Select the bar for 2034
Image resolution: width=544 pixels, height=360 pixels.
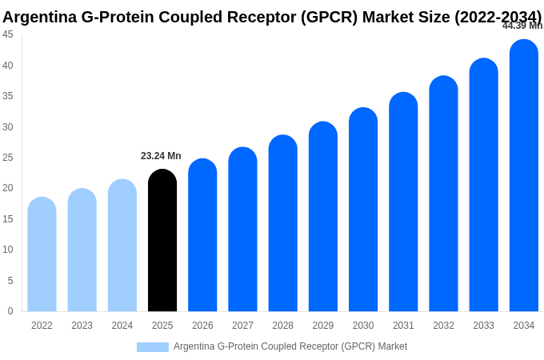click(524, 176)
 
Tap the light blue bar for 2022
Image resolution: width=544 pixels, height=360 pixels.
click(42, 254)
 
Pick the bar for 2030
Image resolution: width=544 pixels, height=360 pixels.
click(363, 210)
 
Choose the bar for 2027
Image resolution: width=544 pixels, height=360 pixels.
click(242, 230)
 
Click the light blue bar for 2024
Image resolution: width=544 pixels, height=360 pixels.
click(122, 246)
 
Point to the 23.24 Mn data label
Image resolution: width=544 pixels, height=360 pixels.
click(161, 156)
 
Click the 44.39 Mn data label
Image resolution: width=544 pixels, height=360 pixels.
click(522, 26)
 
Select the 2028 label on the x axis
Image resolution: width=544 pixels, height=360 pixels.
click(282, 326)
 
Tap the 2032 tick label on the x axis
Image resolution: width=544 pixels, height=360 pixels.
click(443, 326)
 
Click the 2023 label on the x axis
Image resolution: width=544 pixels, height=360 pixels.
click(82, 326)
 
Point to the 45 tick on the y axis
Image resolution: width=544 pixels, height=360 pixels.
click(7, 34)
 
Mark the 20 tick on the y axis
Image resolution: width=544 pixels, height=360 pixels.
click(7, 188)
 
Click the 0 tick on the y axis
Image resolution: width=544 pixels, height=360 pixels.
click(10, 311)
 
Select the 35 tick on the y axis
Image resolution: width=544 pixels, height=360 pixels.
click(7, 96)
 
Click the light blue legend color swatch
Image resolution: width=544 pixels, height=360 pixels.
click(152, 347)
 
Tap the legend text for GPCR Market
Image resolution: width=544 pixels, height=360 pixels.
click(290, 346)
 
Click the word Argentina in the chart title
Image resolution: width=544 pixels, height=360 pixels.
click(39, 17)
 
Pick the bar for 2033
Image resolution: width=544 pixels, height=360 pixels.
click(483, 186)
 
